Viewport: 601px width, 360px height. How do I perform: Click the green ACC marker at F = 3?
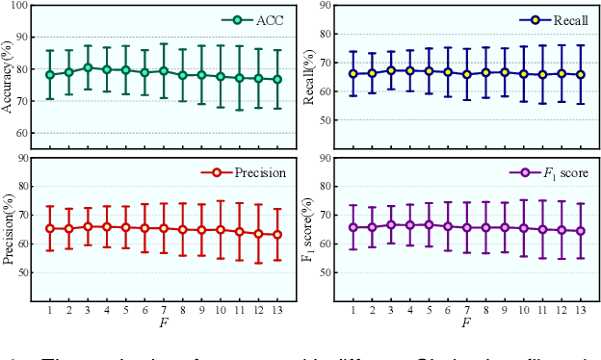(x=88, y=68)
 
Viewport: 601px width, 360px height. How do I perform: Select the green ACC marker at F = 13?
(x=277, y=80)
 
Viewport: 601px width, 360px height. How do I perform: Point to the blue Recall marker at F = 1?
(x=353, y=73)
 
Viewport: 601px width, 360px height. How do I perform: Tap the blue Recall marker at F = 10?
(x=524, y=74)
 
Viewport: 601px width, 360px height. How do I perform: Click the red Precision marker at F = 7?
(x=164, y=228)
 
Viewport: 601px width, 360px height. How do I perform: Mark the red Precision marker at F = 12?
(x=258, y=233)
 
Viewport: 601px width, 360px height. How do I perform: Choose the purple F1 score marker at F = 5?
(x=429, y=224)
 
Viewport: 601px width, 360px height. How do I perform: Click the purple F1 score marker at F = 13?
(x=581, y=231)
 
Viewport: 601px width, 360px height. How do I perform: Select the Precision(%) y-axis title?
(x=9, y=227)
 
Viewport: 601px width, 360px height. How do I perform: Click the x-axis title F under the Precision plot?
(x=163, y=322)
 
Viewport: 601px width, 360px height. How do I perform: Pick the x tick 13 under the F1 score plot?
(x=581, y=310)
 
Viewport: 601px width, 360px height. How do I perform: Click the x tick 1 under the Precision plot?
(x=50, y=310)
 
